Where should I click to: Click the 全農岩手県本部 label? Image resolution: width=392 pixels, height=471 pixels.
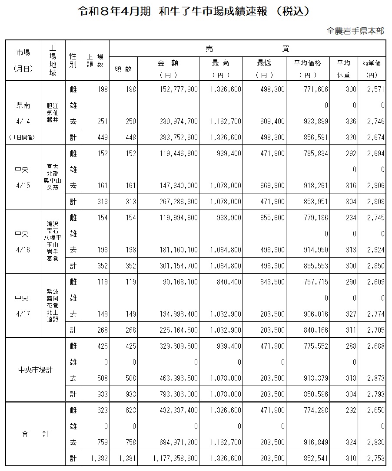click(x=355, y=31)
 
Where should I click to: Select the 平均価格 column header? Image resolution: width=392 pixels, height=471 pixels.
click(x=308, y=63)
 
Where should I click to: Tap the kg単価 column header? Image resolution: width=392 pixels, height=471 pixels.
click(x=372, y=63)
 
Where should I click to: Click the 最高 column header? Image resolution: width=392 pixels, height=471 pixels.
click(x=221, y=63)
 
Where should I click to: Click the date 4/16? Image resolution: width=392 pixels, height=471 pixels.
click(x=22, y=250)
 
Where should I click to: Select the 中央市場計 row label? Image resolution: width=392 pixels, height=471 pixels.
click(x=35, y=370)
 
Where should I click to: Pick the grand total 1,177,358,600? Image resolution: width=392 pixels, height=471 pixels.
click(x=175, y=458)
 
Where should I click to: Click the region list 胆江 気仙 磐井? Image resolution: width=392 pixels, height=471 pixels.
click(x=53, y=113)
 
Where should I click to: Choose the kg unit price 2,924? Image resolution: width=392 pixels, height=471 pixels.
click(x=376, y=250)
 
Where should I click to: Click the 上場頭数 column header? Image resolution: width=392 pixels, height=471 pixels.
click(x=95, y=60)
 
